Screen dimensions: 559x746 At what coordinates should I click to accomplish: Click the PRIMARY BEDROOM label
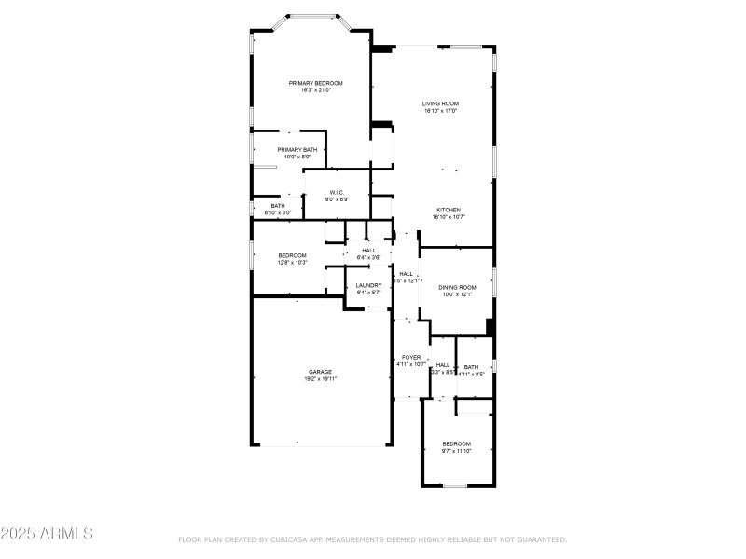click(315, 83)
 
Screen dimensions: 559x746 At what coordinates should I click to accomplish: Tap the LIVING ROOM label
click(440, 103)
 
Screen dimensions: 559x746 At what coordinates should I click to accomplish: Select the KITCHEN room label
click(449, 210)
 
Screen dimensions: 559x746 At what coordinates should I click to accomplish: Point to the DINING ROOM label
click(458, 287)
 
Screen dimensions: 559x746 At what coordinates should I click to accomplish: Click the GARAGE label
click(320, 371)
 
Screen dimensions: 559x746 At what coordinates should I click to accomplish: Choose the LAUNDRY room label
click(368, 285)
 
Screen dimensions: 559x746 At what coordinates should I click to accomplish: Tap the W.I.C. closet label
click(337, 192)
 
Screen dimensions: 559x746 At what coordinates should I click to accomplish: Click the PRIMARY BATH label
click(297, 149)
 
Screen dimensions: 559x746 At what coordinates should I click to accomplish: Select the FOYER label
click(411, 357)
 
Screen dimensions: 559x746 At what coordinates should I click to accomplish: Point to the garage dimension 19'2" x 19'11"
click(320, 379)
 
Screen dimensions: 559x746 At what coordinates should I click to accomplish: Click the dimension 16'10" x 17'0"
click(440, 111)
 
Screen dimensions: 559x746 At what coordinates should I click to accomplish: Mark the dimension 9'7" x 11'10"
click(457, 451)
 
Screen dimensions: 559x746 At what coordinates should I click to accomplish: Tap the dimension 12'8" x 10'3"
click(292, 263)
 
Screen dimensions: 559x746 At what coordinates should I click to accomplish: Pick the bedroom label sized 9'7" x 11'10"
click(457, 443)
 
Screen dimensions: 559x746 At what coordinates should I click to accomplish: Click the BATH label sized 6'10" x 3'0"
click(278, 206)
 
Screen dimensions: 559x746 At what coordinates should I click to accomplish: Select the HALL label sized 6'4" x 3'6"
click(368, 250)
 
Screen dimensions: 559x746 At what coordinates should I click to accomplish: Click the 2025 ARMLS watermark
click(47, 534)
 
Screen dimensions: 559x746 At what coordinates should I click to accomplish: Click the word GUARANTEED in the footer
click(539, 539)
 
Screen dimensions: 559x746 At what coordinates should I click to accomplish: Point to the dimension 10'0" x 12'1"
click(458, 294)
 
